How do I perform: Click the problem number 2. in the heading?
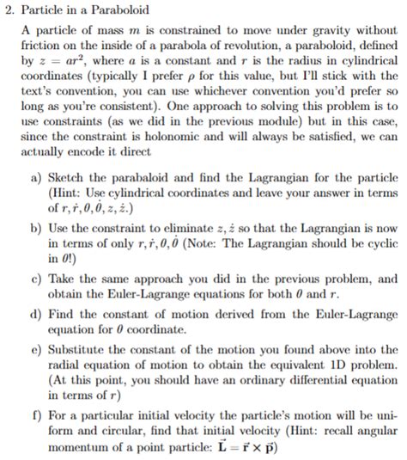[x=11, y=9]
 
